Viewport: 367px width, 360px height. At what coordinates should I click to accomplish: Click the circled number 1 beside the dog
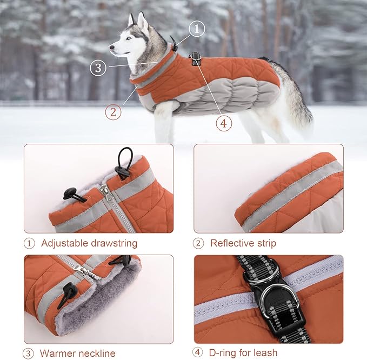197,29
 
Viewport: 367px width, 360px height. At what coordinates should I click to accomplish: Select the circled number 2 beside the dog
113,112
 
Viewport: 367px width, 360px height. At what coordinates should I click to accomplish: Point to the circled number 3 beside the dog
98,68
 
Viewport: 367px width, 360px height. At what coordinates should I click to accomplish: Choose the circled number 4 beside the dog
224,123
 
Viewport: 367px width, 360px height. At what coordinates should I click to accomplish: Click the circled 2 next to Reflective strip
199,243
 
